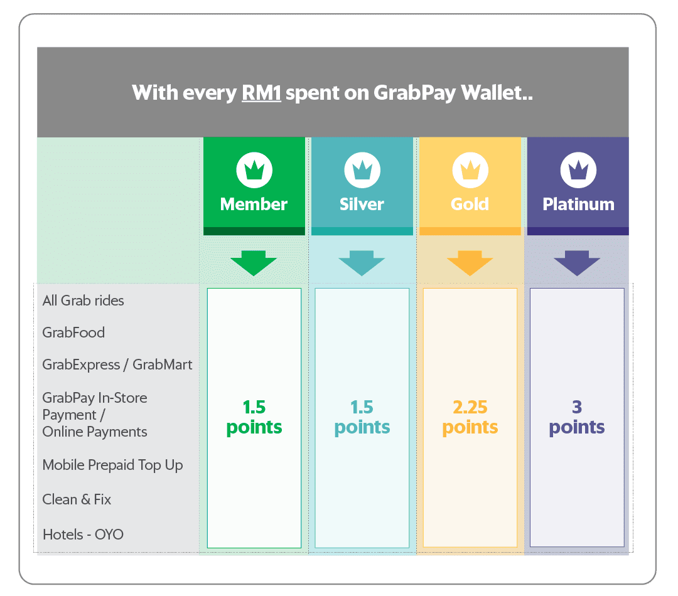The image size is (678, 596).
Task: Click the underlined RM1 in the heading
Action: point(261,93)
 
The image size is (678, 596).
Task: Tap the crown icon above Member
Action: point(254,170)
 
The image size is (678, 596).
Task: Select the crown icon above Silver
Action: point(362,170)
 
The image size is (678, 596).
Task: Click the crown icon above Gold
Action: point(470,170)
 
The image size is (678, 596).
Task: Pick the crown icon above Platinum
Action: point(579,170)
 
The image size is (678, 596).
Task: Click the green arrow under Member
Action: point(254,263)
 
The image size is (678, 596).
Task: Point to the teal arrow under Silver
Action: point(362,263)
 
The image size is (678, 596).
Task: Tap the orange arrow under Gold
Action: point(470,263)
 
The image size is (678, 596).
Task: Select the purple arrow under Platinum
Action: point(578,263)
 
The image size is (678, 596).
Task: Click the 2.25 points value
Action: point(470,417)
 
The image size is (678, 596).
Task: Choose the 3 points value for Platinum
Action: point(577,417)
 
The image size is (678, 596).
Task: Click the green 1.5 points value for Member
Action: point(254,417)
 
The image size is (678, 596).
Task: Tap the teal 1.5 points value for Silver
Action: point(362,417)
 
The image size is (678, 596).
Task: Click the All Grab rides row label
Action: point(83,301)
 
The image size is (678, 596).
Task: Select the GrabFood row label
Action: point(73,333)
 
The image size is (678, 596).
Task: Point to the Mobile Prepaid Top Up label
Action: point(112,466)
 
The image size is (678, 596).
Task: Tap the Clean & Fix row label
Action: point(77,499)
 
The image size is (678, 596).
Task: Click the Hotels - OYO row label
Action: point(83,535)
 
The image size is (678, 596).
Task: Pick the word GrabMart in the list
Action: point(162,365)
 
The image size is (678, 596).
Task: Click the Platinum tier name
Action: point(579,205)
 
